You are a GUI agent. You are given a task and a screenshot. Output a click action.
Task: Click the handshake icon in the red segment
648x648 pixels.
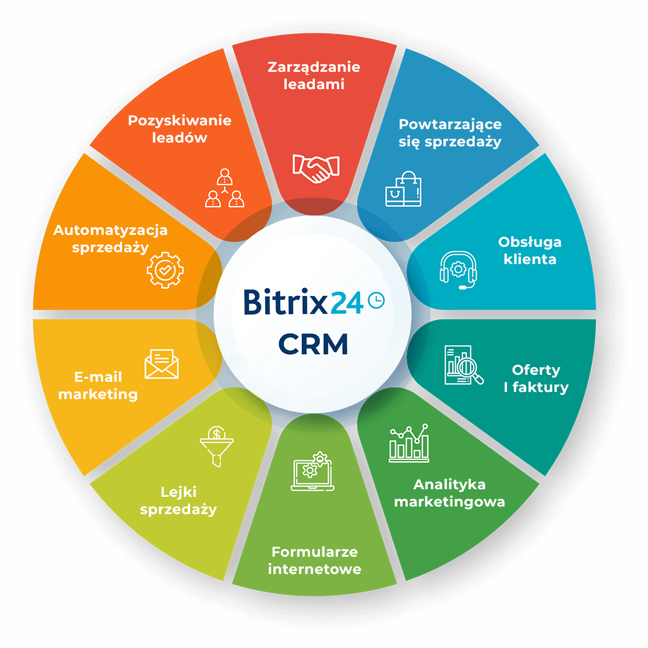coord(316,168)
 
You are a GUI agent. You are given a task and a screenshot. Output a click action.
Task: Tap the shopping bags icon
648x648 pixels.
coord(403,188)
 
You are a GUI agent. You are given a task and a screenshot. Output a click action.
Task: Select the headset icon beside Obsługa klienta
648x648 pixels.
coord(458,270)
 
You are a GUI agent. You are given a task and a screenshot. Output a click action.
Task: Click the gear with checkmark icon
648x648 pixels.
coord(165,270)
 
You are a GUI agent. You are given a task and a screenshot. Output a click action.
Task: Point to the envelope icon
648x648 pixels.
coord(161,364)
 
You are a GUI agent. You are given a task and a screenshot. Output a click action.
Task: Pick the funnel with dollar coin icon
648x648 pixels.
coord(217,446)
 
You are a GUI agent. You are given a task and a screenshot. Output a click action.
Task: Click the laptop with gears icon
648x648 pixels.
coord(313,471)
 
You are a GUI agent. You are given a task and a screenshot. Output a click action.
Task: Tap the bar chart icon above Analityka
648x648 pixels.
coord(409,443)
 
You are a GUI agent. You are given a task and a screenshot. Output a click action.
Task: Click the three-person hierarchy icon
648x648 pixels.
coord(225,188)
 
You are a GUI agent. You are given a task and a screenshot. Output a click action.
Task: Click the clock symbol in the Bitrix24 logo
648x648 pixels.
coord(376,300)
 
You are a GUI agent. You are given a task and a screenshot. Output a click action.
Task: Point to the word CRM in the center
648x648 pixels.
coord(313,344)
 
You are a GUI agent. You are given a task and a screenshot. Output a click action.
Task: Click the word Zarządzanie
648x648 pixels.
coord(314,67)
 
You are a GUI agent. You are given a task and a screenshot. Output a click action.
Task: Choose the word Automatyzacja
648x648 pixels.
coord(110,231)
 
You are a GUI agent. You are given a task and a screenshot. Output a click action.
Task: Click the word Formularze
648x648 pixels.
coord(315,552)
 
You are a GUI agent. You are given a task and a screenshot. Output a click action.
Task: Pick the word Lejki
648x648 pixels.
coord(179,492)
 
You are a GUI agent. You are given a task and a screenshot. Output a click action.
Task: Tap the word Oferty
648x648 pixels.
coord(536,370)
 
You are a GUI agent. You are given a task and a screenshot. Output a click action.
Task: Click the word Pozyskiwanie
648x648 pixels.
coord(180,121)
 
